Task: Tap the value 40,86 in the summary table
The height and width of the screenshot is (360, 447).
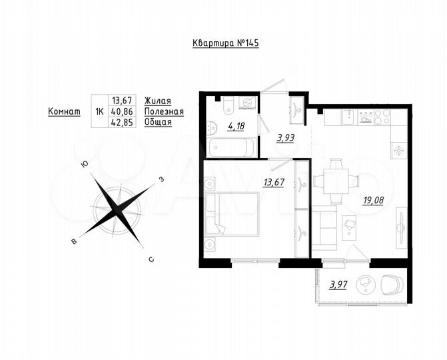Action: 121,111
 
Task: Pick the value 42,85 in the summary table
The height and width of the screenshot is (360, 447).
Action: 121,122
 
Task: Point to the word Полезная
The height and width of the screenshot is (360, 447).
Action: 164,111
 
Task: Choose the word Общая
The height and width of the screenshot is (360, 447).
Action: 158,122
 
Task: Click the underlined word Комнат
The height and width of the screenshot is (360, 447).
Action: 64,111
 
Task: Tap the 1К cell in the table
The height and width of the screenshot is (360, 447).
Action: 99,111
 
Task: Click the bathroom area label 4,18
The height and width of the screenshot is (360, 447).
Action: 235,125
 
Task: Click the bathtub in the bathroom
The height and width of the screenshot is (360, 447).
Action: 230,147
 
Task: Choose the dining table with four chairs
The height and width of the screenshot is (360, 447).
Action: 336,180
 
